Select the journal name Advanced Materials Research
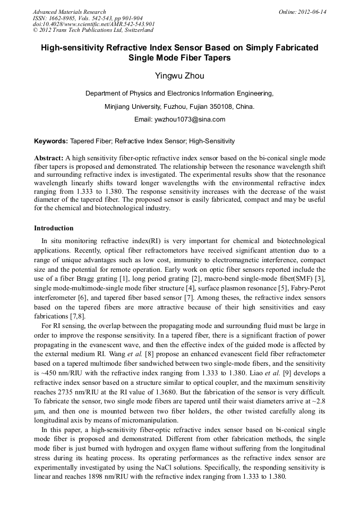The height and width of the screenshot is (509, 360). [69, 12]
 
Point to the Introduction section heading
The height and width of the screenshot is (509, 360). [54, 228]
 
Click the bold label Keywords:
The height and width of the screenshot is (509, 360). [51, 142]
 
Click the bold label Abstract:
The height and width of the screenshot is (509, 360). [49, 158]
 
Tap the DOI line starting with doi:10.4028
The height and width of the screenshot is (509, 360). [93, 24]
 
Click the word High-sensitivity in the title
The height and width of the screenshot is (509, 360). [76, 47]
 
